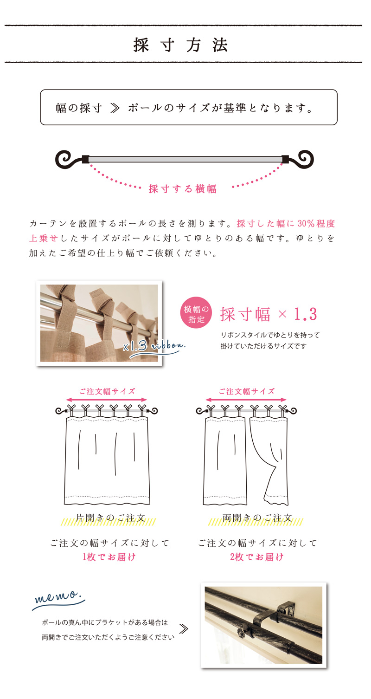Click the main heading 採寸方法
click(x=181, y=45)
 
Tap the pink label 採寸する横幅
click(x=183, y=189)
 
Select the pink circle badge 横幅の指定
click(x=196, y=313)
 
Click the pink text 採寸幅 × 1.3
click(x=269, y=314)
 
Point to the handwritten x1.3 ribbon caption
click(x=154, y=347)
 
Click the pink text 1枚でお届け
click(x=109, y=557)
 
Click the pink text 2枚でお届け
click(x=257, y=557)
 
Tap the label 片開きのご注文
click(x=110, y=518)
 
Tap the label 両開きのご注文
click(x=257, y=518)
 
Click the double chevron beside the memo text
click(x=184, y=629)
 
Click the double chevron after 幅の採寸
click(x=115, y=108)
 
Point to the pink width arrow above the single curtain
click(x=107, y=400)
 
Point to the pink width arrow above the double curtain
click(x=246, y=400)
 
